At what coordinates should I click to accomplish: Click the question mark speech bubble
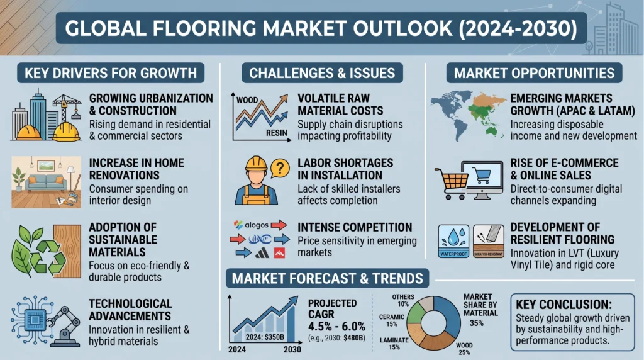pyautogui.click(x=281, y=167)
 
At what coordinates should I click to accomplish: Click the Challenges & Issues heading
pyautogui.click(x=322, y=72)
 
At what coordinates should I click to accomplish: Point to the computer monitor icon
pyautogui.click(x=482, y=179)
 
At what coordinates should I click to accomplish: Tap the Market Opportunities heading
pyautogui.click(x=534, y=72)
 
